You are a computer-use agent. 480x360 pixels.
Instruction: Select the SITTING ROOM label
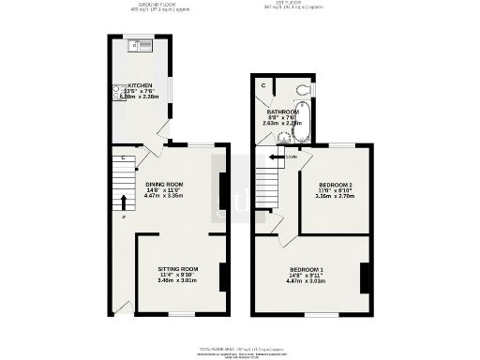tap(177, 269)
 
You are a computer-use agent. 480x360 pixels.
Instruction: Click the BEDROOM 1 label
tap(307, 270)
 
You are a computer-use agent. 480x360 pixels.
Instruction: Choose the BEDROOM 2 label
tap(335, 185)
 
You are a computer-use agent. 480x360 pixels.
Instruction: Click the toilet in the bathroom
tap(301, 88)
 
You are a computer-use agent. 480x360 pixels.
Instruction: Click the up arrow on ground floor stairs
tap(122, 201)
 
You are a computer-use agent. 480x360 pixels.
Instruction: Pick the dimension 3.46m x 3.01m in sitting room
tap(177, 280)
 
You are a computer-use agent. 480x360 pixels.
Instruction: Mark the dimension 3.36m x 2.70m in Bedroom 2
tap(335, 196)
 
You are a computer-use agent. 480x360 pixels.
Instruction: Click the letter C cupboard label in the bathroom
tap(264, 85)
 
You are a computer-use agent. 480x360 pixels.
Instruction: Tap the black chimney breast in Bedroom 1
tap(364, 277)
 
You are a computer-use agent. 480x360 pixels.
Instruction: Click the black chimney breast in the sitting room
tap(222, 276)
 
